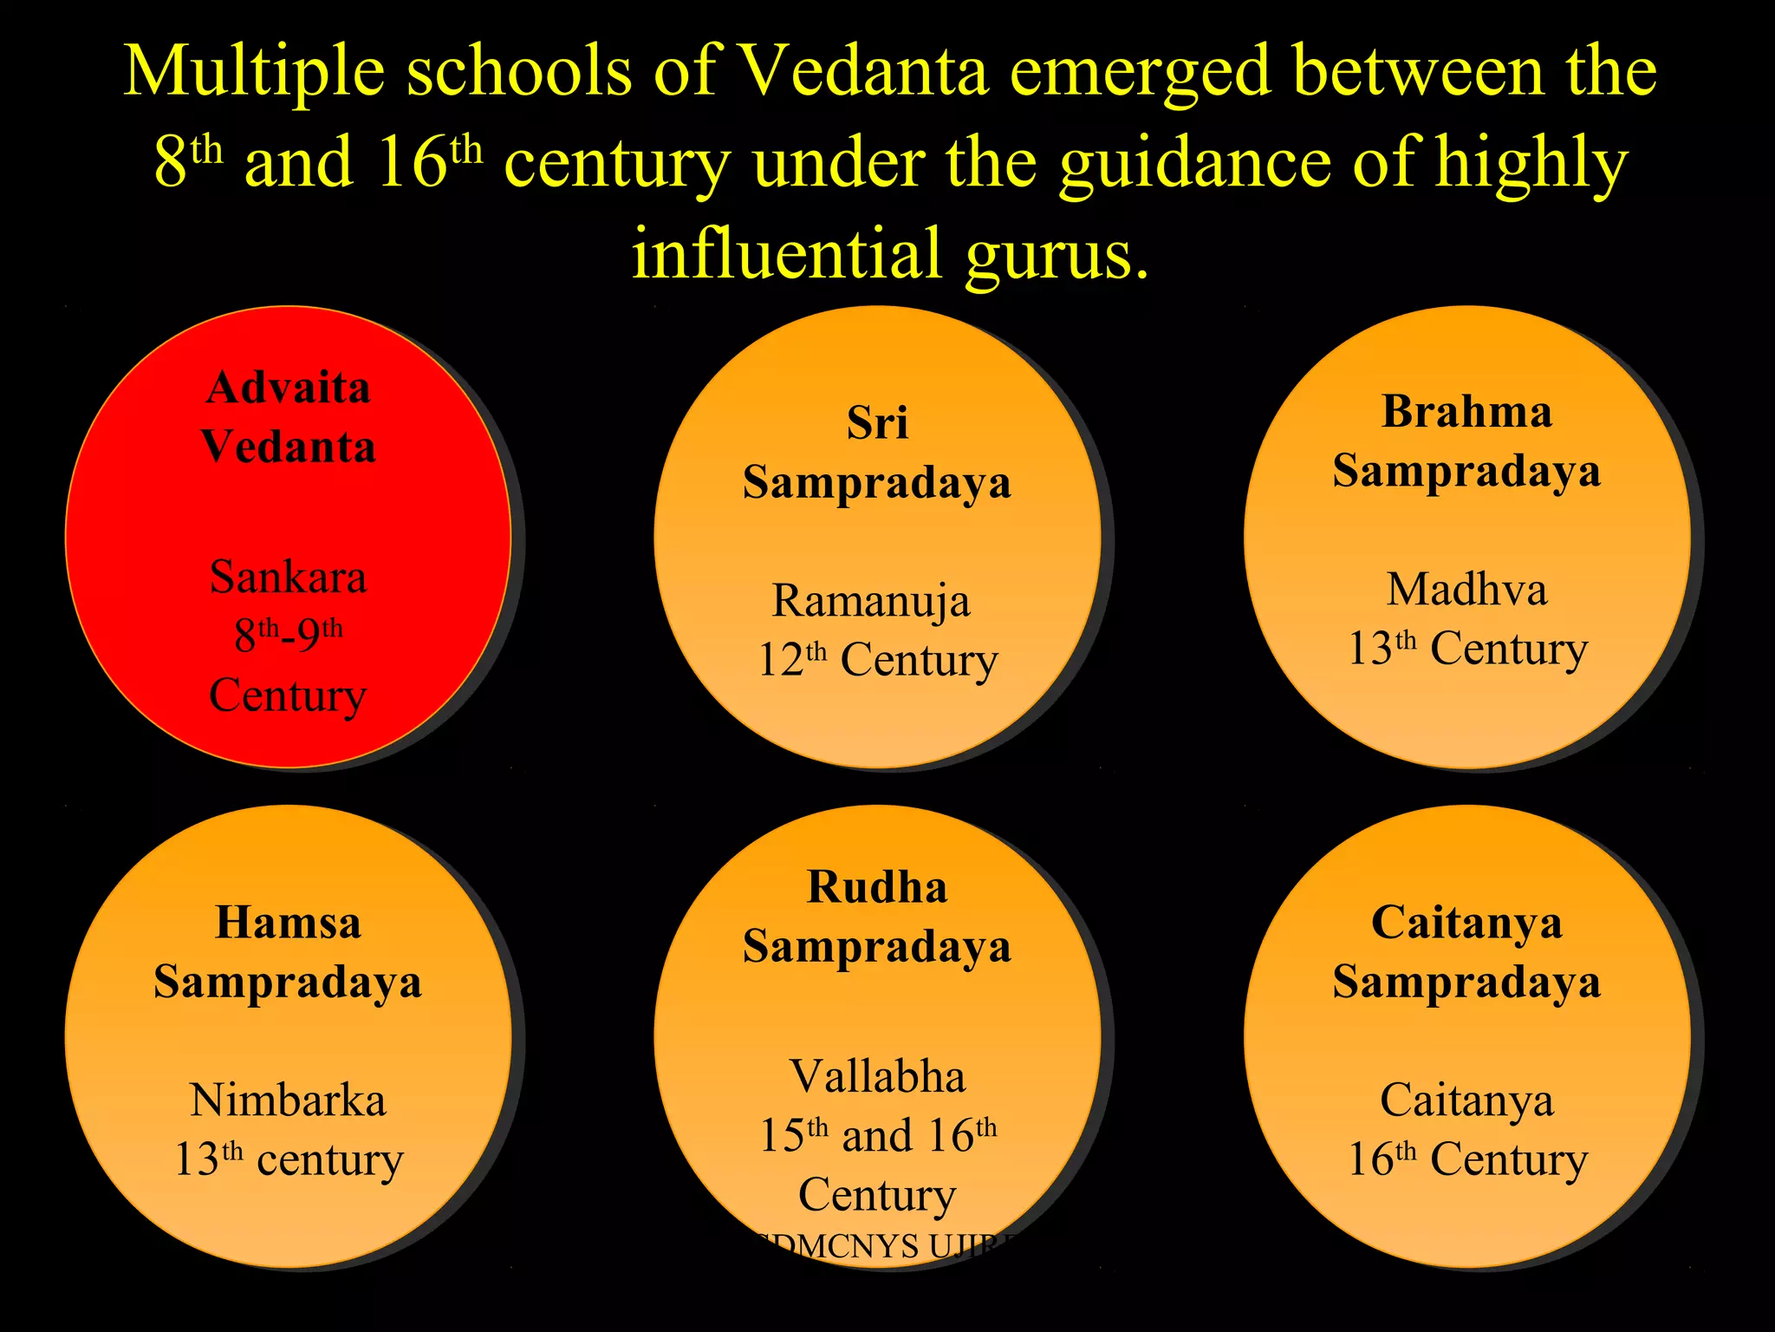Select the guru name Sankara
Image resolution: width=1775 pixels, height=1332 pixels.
tap(288, 577)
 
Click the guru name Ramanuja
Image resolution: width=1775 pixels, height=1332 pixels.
tap(871, 601)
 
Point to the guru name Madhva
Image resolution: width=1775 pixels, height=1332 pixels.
tap(1466, 590)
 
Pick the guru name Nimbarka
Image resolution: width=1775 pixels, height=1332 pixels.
tap(288, 1100)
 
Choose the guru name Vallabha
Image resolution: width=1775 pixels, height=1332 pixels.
tap(877, 1077)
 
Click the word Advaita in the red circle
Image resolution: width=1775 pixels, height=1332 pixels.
tap(288, 388)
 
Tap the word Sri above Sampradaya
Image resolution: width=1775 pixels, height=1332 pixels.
tap(877, 424)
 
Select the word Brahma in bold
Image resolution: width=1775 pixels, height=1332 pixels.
tap(1466, 412)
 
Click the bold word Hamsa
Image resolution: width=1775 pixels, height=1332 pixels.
tap(288, 923)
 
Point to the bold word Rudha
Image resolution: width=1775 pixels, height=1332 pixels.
tap(877, 887)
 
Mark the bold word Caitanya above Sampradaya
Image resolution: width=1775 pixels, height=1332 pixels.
tap(1466, 923)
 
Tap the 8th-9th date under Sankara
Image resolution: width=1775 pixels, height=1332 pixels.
tap(288, 635)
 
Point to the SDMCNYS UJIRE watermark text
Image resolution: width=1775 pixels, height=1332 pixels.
tap(884, 1246)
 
